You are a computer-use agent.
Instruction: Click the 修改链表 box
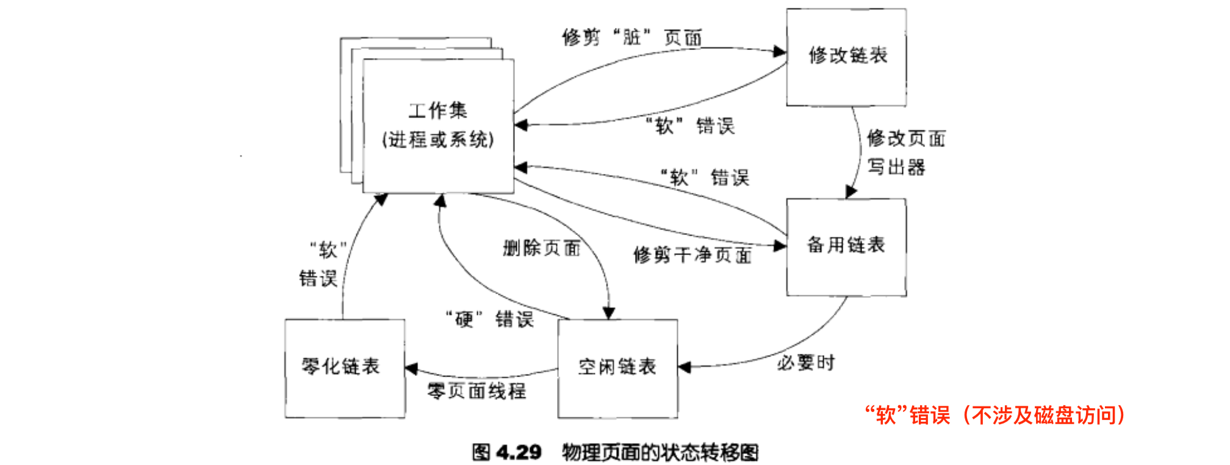click(x=846, y=57)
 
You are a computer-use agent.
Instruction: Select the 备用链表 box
click(x=846, y=247)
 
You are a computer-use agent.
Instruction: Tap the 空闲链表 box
click(x=617, y=368)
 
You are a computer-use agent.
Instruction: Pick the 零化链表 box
click(x=344, y=368)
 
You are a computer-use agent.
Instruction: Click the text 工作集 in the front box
click(x=437, y=110)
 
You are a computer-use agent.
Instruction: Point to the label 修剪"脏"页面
click(x=632, y=38)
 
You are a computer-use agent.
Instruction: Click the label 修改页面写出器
click(x=905, y=153)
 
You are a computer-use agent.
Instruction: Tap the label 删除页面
click(x=541, y=248)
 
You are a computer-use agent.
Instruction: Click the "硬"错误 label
click(x=490, y=319)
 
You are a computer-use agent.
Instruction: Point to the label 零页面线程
click(x=477, y=391)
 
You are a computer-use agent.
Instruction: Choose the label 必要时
click(x=805, y=363)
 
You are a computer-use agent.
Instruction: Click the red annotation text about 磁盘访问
click(x=994, y=416)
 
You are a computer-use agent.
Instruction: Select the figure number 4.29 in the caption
click(x=519, y=452)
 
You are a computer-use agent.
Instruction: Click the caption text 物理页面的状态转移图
click(x=660, y=452)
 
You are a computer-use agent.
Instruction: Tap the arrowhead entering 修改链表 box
click(x=780, y=51)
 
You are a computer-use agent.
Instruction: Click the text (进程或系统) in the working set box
click(x=437, y=140)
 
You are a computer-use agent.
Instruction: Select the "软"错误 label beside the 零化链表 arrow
click(x=320, y=264)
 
